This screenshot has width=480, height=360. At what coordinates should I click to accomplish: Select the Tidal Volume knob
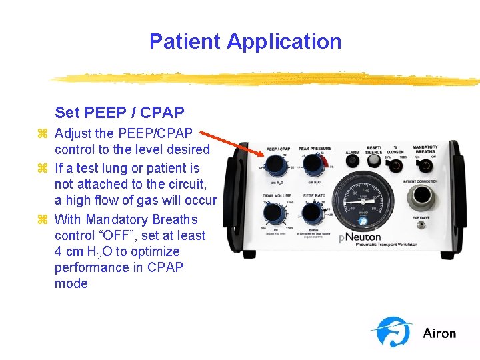coord(273,213)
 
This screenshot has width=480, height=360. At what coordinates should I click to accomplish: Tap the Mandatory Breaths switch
coord(425,165)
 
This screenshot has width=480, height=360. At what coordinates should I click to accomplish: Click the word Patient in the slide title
coord(185,41)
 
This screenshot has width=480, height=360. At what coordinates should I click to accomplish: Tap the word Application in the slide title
coord(284,41)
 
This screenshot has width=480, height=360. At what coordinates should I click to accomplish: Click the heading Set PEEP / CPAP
coord(119,112)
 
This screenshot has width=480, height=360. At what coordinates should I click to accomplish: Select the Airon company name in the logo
coord(439,333)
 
